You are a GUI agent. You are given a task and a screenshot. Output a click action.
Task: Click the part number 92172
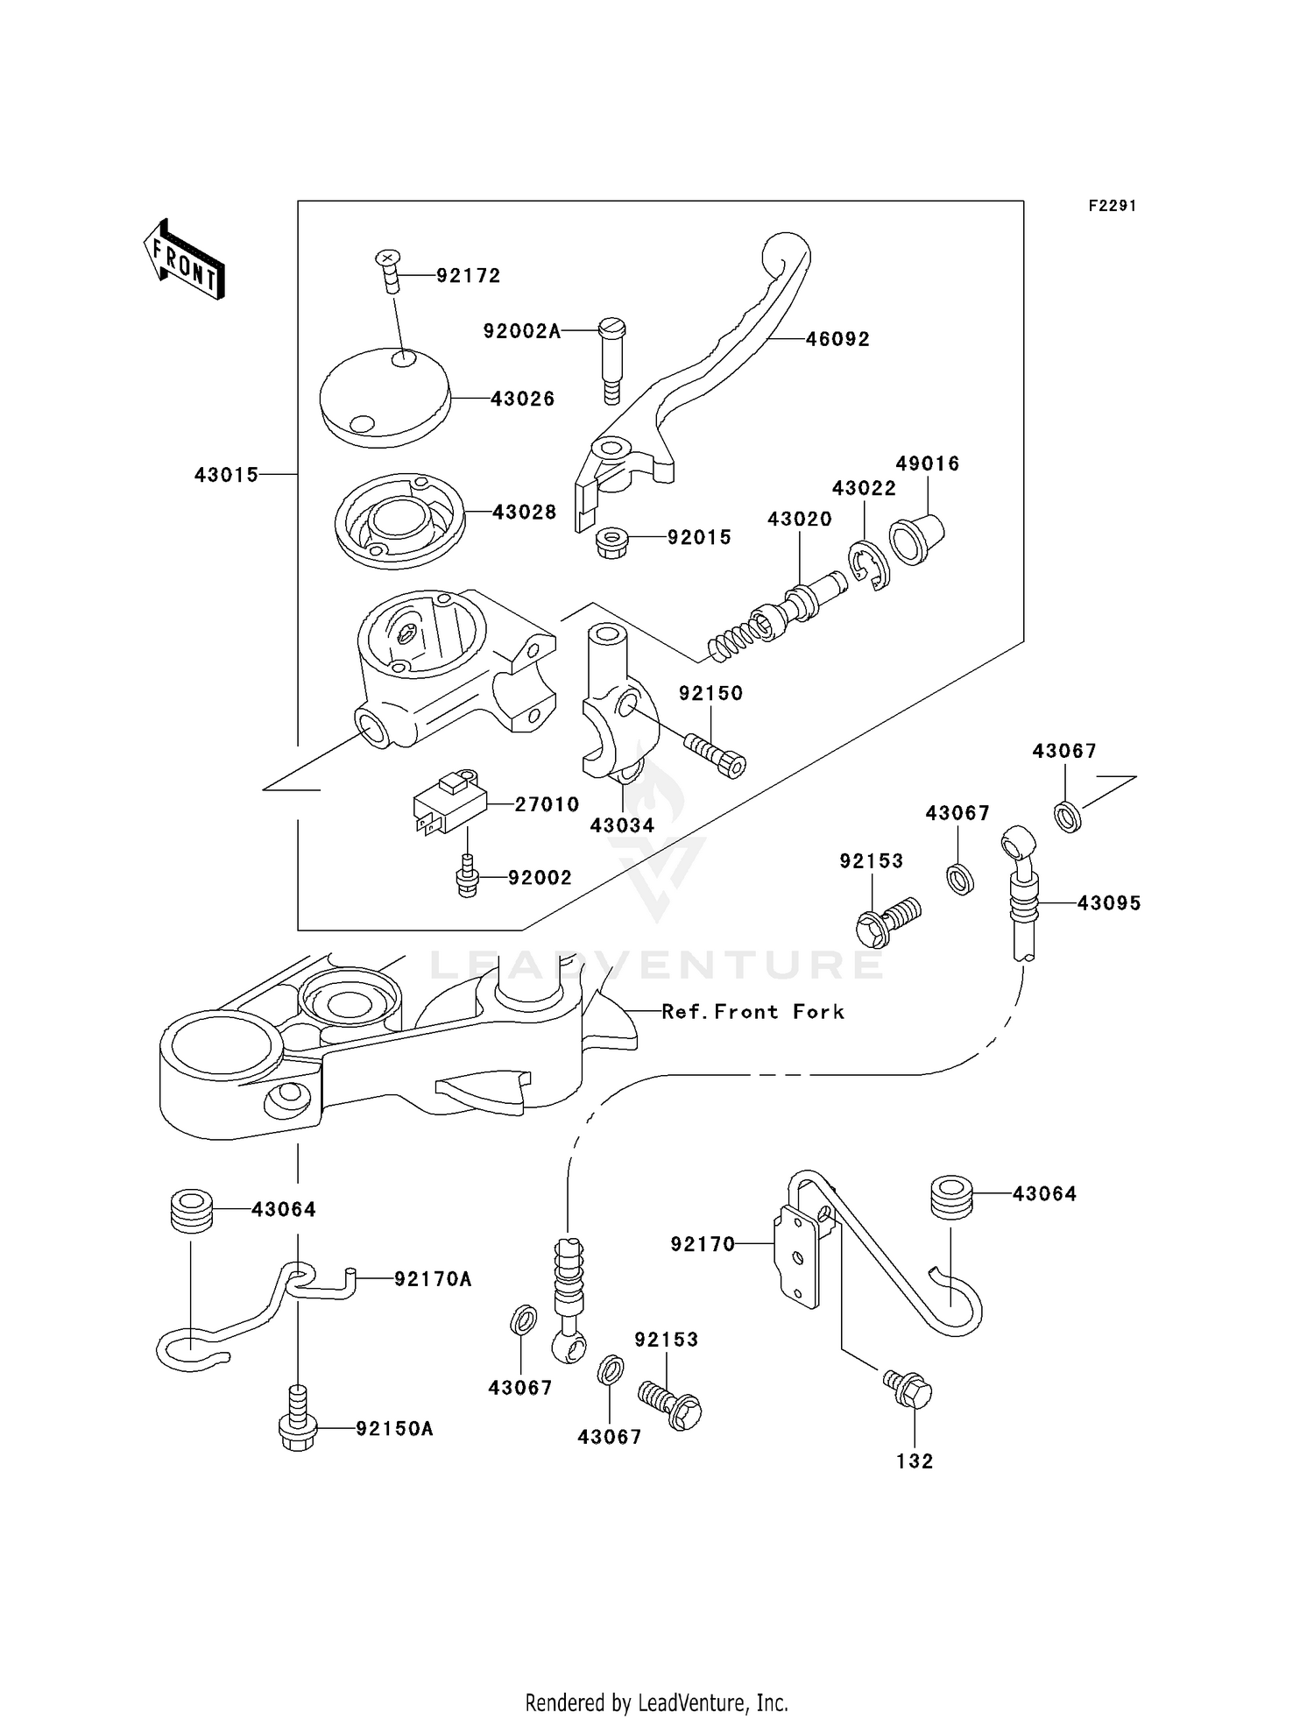(469, 276)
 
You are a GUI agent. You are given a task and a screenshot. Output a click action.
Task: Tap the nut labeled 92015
(611, 543)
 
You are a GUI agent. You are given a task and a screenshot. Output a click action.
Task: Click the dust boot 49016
(916, 539)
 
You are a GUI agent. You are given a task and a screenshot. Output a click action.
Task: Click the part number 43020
(799, 519)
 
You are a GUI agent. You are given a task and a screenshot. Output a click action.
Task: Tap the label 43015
(226, 475)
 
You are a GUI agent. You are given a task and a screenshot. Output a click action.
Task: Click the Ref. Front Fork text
(752, 1012)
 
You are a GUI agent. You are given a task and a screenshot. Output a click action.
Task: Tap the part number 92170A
(433, 1279)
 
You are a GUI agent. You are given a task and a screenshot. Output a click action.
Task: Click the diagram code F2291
(1112, 206)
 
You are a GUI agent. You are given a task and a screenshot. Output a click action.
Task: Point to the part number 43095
(1108, 903)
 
